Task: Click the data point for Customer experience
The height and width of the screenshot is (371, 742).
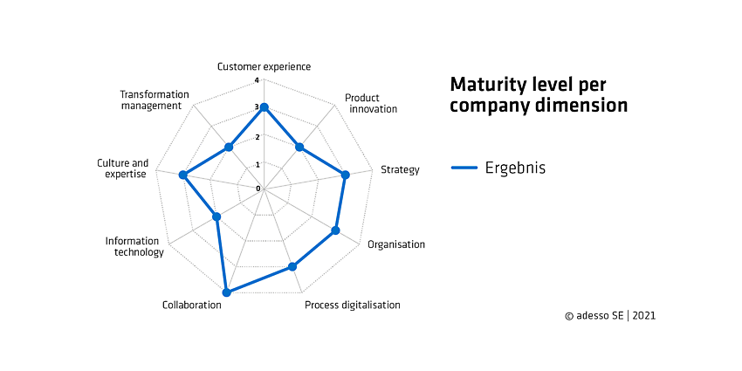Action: (264, 107)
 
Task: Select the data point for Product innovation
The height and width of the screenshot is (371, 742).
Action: (299, 148)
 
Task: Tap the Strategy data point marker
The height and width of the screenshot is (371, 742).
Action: (345, 175)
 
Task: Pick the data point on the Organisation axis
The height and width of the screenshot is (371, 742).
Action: (335, 230)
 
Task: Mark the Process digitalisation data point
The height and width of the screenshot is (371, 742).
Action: (292, 267)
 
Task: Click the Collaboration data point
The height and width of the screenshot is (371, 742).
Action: (226, 292)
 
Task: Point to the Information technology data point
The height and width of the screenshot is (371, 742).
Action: (216, 216)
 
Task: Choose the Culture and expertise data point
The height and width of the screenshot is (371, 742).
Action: (182, 175)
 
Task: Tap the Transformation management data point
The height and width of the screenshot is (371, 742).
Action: (229, 148)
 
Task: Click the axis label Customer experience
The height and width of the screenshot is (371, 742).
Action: (264, 66)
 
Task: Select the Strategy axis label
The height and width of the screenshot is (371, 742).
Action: (400, 170)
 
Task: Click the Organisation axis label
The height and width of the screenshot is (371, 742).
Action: (396, 244)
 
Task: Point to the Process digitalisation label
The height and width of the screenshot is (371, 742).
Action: (353, 305)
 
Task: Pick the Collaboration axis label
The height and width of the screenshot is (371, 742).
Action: (192, 305)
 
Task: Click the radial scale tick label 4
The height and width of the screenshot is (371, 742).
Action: (257, 80)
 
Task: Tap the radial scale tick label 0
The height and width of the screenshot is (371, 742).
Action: (258, 189)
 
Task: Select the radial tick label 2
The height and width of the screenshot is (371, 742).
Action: (257, 137)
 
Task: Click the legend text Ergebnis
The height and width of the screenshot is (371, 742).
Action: (515, 168)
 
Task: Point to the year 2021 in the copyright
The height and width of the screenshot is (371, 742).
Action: (643, 316)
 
